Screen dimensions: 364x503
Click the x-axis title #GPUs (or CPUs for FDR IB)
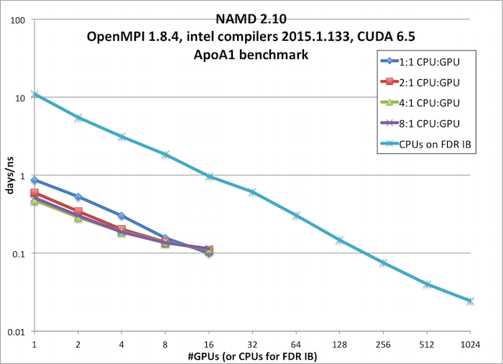[251, 355]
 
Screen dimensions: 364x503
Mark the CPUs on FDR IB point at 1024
[470, 301]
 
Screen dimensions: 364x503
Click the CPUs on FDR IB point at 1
[34, 94]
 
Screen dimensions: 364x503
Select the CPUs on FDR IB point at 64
[295, 215]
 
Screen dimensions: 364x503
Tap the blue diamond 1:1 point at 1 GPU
[34, 181]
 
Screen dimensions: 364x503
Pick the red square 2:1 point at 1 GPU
[34, 193]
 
